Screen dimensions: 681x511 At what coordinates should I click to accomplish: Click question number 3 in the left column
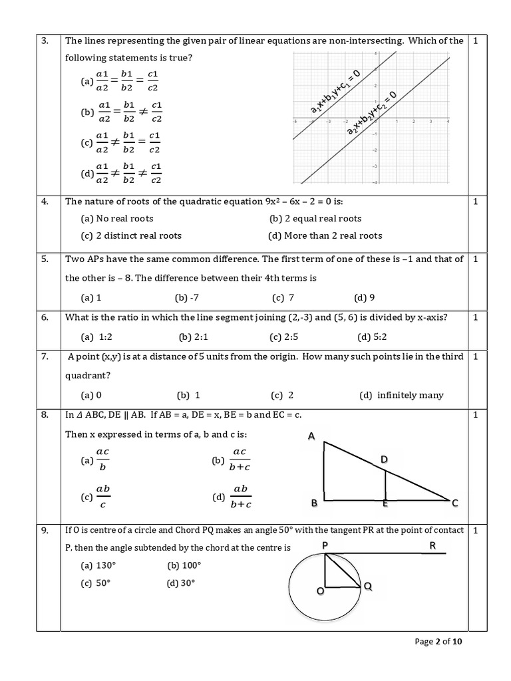45,41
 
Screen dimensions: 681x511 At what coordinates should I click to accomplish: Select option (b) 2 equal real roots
315,218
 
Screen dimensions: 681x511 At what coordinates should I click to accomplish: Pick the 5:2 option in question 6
373,337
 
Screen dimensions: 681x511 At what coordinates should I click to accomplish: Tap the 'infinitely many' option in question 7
401,395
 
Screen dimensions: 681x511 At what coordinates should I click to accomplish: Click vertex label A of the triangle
311,436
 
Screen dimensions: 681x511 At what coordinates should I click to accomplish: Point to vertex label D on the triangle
384,460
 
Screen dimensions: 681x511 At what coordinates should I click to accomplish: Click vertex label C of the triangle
455,503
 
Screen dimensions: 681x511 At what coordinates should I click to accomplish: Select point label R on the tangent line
432,545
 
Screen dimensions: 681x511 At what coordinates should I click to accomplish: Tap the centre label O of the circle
319,591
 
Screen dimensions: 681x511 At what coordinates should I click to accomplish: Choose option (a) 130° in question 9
96,565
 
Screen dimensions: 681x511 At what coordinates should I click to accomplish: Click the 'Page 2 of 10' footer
442,642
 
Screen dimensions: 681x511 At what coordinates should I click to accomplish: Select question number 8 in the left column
45,415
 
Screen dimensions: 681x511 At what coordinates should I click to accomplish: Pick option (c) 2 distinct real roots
131,235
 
